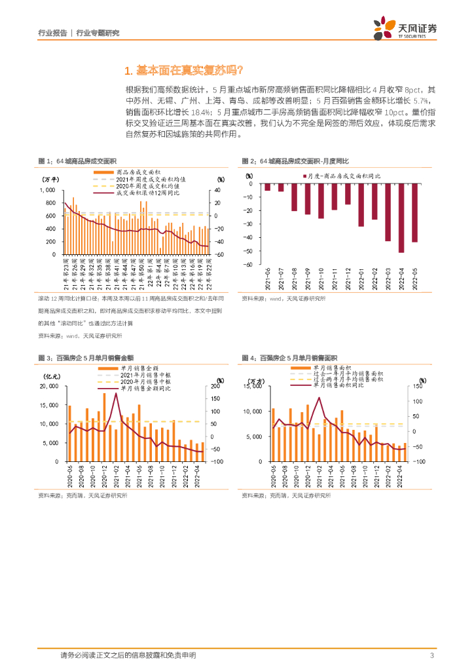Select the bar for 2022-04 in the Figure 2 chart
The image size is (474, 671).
coord(401,218)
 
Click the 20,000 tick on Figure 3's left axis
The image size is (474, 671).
coord(50,387)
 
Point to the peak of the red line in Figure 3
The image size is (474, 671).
coord(116,394)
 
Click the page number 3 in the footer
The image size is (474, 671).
coord(431,655)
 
